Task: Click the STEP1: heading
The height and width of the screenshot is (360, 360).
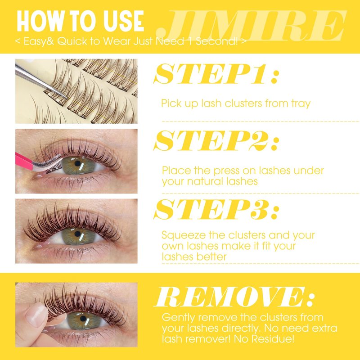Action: pyautogui.click(x=216, y=74)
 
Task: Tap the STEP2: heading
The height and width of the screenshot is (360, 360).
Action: pyautogui.click(x=216, y=140)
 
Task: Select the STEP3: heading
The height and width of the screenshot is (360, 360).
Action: pyautogui.click(x=216, y=209)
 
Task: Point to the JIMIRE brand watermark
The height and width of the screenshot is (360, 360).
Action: pyautogui.click(x=252, y=26)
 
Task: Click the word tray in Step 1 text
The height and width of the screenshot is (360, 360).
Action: pyautogui.click(x=301, y=103)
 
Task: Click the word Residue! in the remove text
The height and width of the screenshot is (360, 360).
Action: pyautogui.click(x=273, y=339)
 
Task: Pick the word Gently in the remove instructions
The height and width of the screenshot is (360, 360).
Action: pyautogui.click(x=179, y=318)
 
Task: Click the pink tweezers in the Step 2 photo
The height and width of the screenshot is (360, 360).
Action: pyautogui.click(x=24, y=161)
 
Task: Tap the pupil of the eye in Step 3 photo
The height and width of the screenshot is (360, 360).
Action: pyautogui.click(x=77, y=234)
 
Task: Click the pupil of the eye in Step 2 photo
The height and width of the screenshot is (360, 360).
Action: pyautogui.click(x=77, y=163)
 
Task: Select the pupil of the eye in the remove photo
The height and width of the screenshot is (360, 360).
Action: pyautogui.click(x=83, y=319)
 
